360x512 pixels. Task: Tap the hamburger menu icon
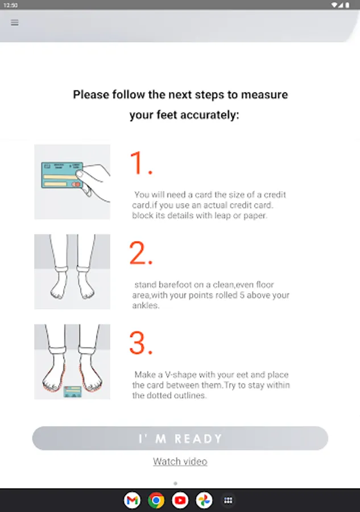pos(15,23)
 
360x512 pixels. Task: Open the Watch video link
pos(180,461)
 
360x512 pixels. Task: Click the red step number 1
pos(141,163)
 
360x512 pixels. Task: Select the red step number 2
pos(141,253)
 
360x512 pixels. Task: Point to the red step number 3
pos(141,343)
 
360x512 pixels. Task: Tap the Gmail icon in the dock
pos(132,500)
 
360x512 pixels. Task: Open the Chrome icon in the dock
pos(156,500)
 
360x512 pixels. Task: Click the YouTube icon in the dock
pos(180,500)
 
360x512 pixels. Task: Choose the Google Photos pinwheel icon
pos(204,500)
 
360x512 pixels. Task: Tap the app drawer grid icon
pos(228,500)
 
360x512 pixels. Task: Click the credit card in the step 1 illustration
pos(62,175)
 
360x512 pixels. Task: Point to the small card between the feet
pos(72,391)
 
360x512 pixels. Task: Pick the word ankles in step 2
pos(146,305)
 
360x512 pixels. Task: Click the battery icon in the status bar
pos(347,5)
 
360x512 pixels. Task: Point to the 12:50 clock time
pos(10,5)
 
